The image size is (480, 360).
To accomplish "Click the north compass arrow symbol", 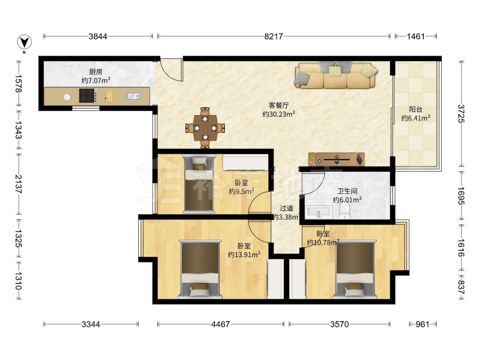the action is click(24, 42).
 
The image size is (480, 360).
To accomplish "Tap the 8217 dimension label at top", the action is click(274, 36).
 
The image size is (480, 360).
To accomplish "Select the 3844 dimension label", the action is click(98, 36).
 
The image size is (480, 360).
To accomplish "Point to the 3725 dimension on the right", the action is click(461, 114).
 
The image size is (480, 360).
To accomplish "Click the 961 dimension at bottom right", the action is click(423, 324).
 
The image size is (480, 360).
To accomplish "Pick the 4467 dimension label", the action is click(220, 324).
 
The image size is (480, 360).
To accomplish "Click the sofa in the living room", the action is click(336, 75).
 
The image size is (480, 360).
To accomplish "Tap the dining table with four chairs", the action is click(205, 128).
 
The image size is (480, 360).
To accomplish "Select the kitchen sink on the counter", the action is click(133, 96).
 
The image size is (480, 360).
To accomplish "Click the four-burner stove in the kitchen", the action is click(88, 96).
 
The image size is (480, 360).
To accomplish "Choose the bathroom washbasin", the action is click(318, 212).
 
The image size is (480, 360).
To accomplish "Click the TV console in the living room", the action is click(336, 159).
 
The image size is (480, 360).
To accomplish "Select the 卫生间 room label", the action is click(347, 192).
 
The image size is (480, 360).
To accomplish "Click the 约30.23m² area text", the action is click(279, 114).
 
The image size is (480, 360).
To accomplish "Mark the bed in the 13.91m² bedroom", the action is click(200, 269).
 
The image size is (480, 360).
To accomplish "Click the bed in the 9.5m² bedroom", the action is click(199, 183).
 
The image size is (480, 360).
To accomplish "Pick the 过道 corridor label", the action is click(287, 208).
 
